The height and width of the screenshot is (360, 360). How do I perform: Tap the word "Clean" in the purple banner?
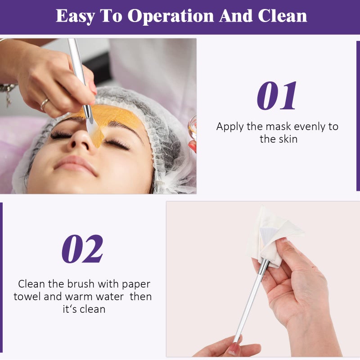(282, 16)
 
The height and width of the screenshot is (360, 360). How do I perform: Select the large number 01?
(277, 96)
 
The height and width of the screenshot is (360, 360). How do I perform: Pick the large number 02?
(82, 249)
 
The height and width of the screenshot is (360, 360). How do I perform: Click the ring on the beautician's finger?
(45, 104)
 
